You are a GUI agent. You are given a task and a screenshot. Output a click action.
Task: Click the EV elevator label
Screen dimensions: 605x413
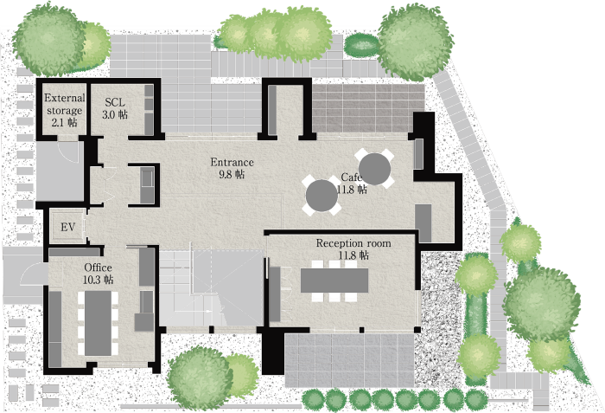(x=67, y=227)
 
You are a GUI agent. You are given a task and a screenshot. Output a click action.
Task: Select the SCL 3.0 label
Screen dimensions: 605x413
(x=115, y=108)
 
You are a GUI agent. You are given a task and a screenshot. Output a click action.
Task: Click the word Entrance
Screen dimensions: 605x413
(x=232, y=162)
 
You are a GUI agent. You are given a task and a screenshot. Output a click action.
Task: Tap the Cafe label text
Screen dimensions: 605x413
(x=351, y=177)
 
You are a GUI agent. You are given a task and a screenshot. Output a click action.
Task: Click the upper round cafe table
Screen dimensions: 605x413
(x=374, y=169)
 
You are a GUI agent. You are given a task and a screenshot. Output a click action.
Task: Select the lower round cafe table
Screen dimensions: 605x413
(x=322, y=196)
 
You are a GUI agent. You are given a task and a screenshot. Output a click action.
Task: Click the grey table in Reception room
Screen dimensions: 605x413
(x=334, y=281)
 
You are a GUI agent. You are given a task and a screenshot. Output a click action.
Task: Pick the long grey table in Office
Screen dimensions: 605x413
(x=98, y=323)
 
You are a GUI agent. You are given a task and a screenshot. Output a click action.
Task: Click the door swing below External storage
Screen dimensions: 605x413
(x=68, y=152)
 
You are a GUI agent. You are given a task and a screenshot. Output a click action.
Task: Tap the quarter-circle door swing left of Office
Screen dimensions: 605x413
(x=34, y=274)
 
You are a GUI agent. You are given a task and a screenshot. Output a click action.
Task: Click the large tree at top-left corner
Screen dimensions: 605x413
(x=49, y=40)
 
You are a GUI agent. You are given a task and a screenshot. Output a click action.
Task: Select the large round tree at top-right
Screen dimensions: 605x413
(x=415, y=42)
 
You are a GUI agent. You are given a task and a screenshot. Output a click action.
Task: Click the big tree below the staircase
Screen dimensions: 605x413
(x=200, y=378)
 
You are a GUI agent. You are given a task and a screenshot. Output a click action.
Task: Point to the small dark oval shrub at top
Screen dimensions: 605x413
(x=361, y=45)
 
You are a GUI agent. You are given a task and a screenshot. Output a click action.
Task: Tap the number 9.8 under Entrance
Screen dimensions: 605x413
(x=225, y=174)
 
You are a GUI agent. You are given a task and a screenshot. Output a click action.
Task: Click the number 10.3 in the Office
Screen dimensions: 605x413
(x=92, y=280)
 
